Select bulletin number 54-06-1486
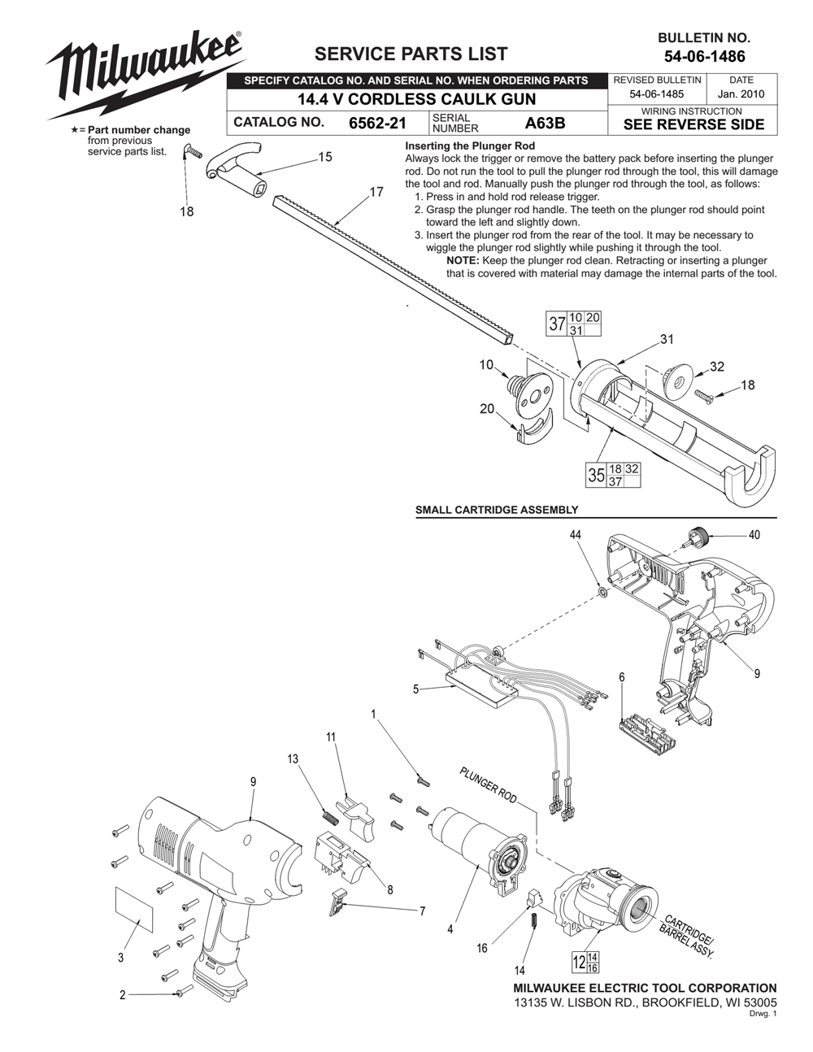(x=704, y=57)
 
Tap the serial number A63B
(x=545, y=124)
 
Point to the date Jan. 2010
(x=742, y=94)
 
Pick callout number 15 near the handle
(x=325, y=157)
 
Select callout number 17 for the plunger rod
(x=376, y=193)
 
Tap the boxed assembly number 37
(x=556, y=324)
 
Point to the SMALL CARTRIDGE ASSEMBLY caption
(x=497, y=510)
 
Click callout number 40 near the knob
(x=754, y=535)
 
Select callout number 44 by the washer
(x=576, y=535)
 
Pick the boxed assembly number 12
(x=579, y=963)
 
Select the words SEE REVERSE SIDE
(x=693, y=124)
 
